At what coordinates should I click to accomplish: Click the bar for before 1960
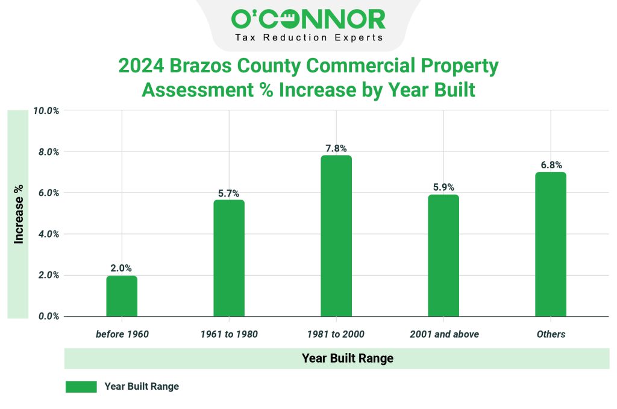[x=122, y=296]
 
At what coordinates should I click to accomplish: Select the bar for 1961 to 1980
[x=229, y=258]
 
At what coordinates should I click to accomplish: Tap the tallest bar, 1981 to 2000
[x=336, y=236]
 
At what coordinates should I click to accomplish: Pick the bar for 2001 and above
[x=443, y=256]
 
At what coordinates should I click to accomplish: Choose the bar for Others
[x=551, y=244]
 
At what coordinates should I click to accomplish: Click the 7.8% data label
[x=336, y=148]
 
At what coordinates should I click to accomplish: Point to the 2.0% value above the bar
[x=121, y=268]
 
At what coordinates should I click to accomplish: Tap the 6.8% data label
[x=551, y=165]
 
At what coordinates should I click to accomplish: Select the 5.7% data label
[x=229, y=193]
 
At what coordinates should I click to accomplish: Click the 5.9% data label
[x=443, y=188]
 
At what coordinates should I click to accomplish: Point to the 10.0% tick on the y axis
[x=45, y=111]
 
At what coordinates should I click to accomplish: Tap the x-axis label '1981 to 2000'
[x=336, y=334]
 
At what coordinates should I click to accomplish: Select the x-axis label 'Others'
[x=551, y=334]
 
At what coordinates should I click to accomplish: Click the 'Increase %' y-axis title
[x=19, y=214]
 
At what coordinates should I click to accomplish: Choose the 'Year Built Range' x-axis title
[x=347, y=358]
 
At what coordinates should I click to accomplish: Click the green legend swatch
[x=81, y=387]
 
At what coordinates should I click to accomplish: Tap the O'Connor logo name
[x=308, y=19]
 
